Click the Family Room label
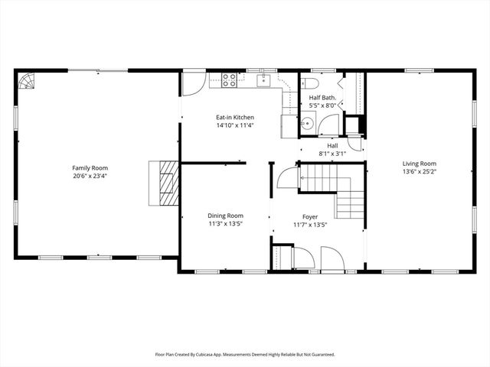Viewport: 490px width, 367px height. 90,167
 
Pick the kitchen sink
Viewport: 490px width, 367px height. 264,80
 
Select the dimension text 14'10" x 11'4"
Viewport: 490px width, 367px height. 234,126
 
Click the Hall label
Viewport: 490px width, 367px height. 332,145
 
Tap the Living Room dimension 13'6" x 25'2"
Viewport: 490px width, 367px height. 420,172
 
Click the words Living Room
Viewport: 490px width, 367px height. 420,164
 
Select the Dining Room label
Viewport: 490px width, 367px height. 225,216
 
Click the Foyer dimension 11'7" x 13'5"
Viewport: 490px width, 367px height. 310,224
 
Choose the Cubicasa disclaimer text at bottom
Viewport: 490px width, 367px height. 245,355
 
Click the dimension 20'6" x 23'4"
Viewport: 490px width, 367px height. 90,176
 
